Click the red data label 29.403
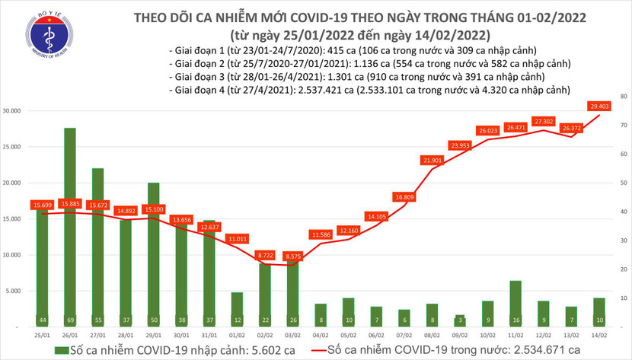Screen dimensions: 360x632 [x=598, y=107]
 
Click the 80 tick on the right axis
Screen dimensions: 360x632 [x=624, y=97]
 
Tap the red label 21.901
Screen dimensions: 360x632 [x=431, y=161]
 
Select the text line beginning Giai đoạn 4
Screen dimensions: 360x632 [x=370, y=91]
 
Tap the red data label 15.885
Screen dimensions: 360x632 [x=69, y=203]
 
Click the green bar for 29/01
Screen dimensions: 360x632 [x=153, y=251]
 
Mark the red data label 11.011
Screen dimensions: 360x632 [x=236, y=239]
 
